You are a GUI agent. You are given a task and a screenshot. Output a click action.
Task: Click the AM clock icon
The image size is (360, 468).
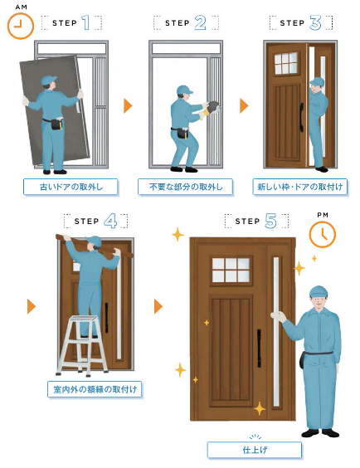(x=20, y=26)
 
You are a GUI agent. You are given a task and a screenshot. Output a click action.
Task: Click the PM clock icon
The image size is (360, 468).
(x=322, y=234)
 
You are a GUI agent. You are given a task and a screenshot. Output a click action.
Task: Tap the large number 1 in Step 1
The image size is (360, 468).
(x=86, y=22)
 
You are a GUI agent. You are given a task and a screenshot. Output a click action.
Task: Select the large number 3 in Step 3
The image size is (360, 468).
(x=315, y=23)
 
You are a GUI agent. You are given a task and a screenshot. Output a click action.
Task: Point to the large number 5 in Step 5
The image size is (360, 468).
(x=270, y=222)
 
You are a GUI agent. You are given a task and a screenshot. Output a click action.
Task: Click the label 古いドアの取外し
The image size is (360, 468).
(x=71, y=188)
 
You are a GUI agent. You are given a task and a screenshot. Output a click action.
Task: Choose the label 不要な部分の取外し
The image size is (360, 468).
(x=185, y=188)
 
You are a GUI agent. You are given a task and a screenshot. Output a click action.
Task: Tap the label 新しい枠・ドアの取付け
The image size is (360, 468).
(x=300, y=188)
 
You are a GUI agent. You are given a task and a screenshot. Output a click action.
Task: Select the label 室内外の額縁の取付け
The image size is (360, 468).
(x=95, y=389)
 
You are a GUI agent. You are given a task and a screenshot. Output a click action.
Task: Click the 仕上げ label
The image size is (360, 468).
(x=255, y=450)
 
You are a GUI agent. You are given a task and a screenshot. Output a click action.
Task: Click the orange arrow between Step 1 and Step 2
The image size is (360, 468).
(x=128, y=105)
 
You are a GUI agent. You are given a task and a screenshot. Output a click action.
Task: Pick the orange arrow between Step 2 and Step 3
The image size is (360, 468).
(x=244, y=105)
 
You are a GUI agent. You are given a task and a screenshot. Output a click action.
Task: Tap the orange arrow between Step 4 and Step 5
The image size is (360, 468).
(x=158, y=306)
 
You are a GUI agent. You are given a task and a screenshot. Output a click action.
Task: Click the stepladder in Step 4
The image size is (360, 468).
(x=82, y=345)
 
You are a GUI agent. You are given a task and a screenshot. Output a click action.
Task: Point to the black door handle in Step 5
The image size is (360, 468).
(x=259, y=348)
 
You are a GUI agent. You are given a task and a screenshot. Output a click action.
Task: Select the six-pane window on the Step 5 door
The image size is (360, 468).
(x=231, y=271)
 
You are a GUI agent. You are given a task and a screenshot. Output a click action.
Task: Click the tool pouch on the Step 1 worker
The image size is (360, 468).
(x=56, y=124)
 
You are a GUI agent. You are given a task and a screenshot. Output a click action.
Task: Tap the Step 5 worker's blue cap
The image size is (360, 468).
(x=319, y=291)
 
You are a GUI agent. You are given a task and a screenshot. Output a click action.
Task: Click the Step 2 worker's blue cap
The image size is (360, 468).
(x=183, y=90)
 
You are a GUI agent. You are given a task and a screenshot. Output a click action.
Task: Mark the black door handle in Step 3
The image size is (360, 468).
(x=302, y=117)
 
